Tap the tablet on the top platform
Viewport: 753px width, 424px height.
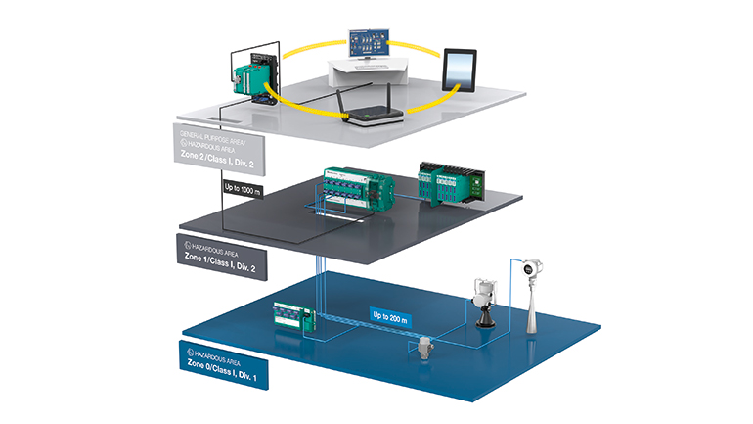pos(459,69)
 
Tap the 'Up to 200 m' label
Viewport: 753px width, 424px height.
pos(394,314)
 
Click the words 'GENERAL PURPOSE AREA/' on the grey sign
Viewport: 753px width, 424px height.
pos(214,136)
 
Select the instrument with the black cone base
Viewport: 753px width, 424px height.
pos(482,305)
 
